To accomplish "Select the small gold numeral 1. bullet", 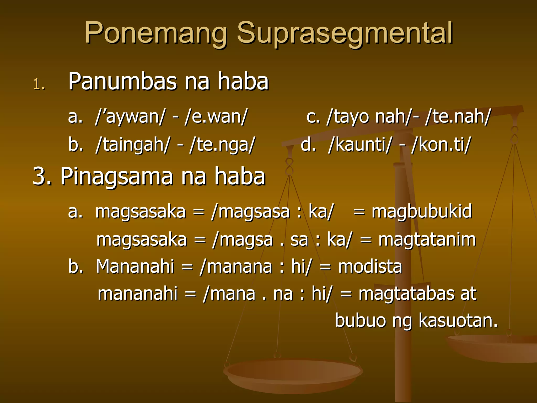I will point(39,84).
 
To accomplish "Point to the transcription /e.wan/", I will point(216,116).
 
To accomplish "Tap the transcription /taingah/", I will point(133,145).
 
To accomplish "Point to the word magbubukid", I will point(422,211).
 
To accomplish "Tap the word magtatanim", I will point(427,240).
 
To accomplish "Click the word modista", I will point(370,267).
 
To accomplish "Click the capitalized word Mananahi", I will point(135,267).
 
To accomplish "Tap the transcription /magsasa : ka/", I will point(273,211).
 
